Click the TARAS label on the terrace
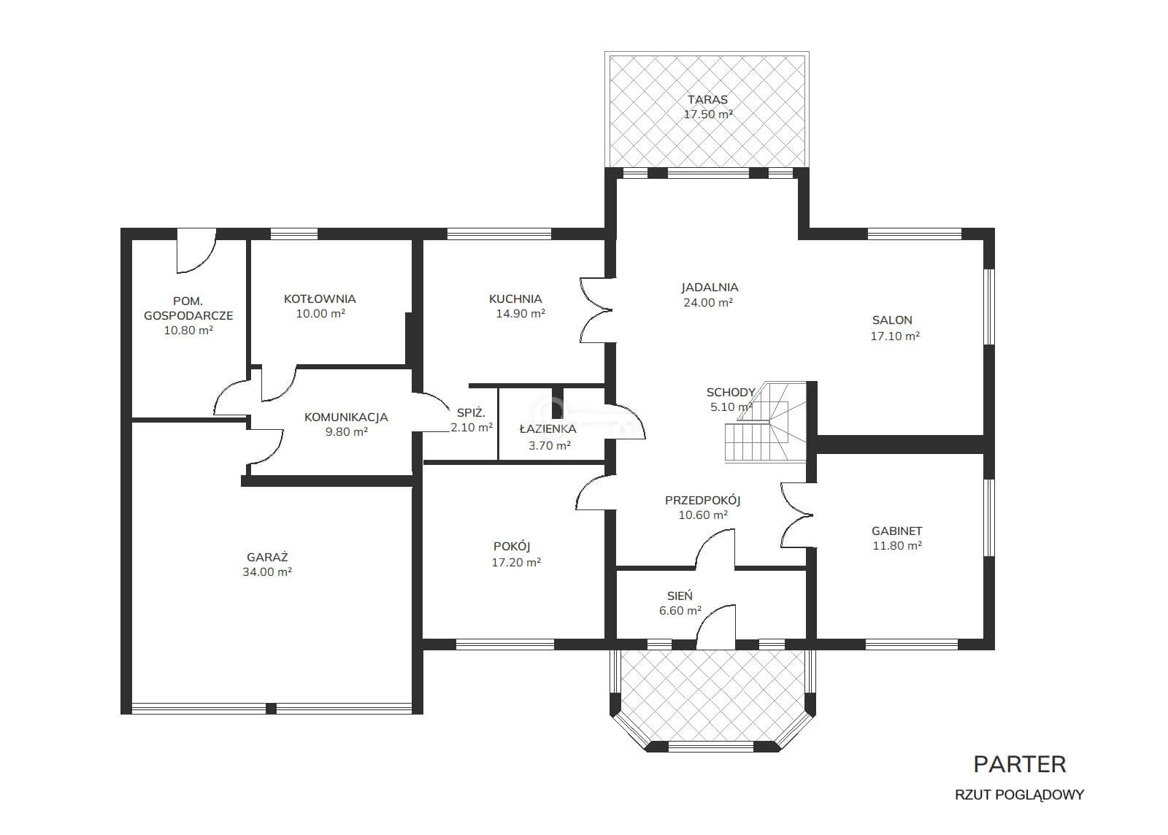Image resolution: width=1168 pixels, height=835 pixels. pos(707,99)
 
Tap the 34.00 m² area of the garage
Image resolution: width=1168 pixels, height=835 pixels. pos(267,572)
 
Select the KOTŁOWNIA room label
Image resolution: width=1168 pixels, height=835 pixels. pos(320,299)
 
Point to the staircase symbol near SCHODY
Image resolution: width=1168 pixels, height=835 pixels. pos(766,422)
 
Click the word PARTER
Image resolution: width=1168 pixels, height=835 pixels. pos(1019,765)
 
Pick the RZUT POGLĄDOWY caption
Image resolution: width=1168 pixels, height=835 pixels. pos(1019,795)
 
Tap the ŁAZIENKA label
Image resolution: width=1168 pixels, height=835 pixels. pos(547,428)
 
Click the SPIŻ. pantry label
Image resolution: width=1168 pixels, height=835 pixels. pos(471,413)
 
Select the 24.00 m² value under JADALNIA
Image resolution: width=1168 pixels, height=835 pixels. pos(708,302)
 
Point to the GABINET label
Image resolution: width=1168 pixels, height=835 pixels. pos(897,531)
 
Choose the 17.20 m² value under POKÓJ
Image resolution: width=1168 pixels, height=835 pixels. pos(516,563)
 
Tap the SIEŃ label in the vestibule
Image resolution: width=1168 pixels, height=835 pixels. pos(680,596)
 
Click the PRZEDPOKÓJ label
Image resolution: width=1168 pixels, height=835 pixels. pos(702,501)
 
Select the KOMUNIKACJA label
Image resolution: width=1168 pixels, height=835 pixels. pos(346,417)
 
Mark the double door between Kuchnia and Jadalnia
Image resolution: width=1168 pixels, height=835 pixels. pos(596,311)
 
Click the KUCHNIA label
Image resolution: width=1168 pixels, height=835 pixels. pos(515,299)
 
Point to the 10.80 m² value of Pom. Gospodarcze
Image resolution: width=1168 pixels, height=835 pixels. pos(188,330)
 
